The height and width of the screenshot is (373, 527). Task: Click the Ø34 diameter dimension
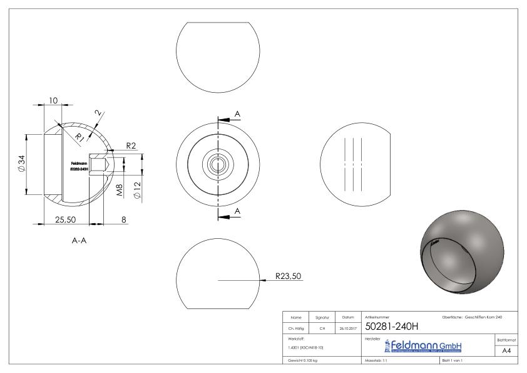click(x=21, y=165)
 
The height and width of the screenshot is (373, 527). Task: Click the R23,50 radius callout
click(x=289, y=275)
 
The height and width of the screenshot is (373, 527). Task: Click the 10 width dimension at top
click(x=53, y=100)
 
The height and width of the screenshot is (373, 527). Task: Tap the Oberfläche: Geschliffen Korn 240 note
click(x=471, y=317)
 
